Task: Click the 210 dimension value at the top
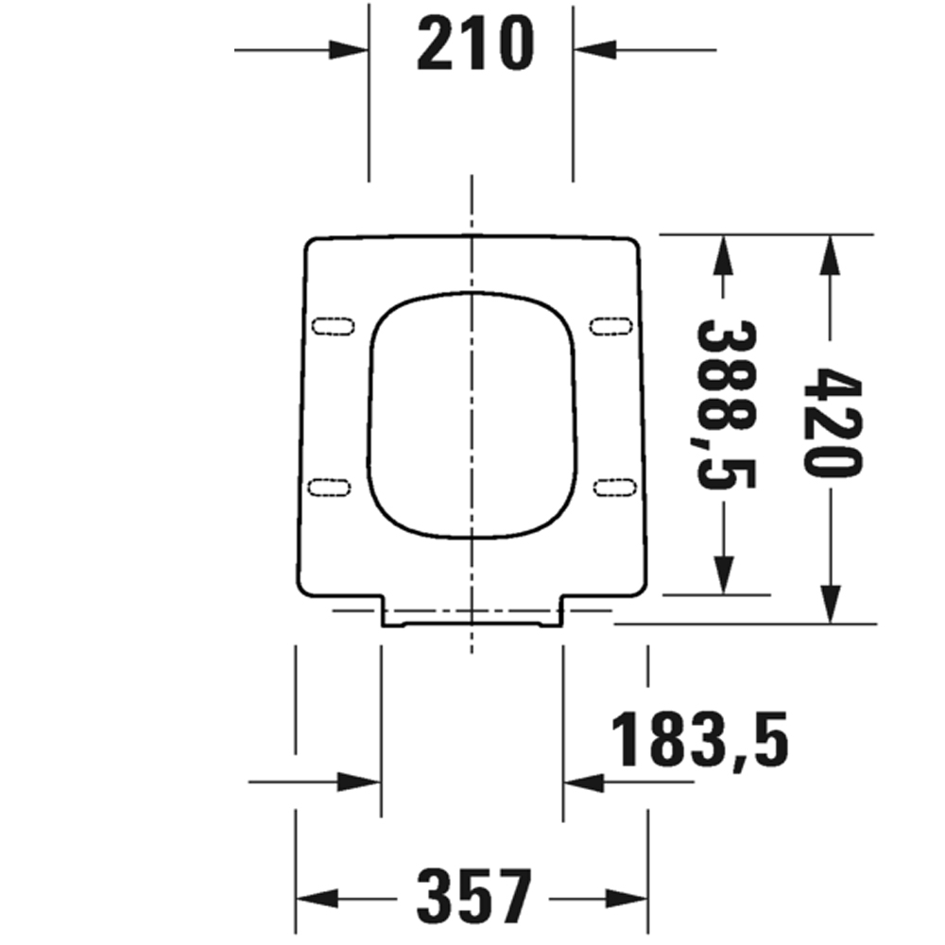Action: coord(475,44)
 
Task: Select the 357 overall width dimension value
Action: coord(475,896)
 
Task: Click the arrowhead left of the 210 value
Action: coord(349,48)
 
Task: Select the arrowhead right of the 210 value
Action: coord(593,48)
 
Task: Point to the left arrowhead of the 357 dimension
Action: coord(317,896)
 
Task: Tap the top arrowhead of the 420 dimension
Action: coord(830,255)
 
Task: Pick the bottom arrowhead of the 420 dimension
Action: coord(830,603)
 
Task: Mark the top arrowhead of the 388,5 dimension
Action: coord(723,255)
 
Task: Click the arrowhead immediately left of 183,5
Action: coord(583,782)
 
